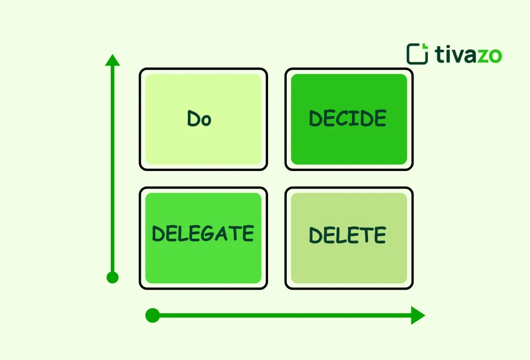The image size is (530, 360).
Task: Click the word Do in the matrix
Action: point(199,119)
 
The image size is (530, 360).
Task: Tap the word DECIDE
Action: point(348,119)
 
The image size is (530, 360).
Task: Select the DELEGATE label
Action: point(203,234)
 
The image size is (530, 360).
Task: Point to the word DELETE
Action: point(348,236)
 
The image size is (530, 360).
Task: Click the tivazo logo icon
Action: point(417,54)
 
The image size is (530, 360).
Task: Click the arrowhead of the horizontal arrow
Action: point(418,315)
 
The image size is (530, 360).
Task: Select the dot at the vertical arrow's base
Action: point(112,278)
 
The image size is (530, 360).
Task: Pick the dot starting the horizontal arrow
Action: point(152,315)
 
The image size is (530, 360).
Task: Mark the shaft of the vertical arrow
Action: point(112,171)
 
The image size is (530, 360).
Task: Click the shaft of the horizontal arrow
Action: point(285,315)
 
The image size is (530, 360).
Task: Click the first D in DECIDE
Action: point(316,119)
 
